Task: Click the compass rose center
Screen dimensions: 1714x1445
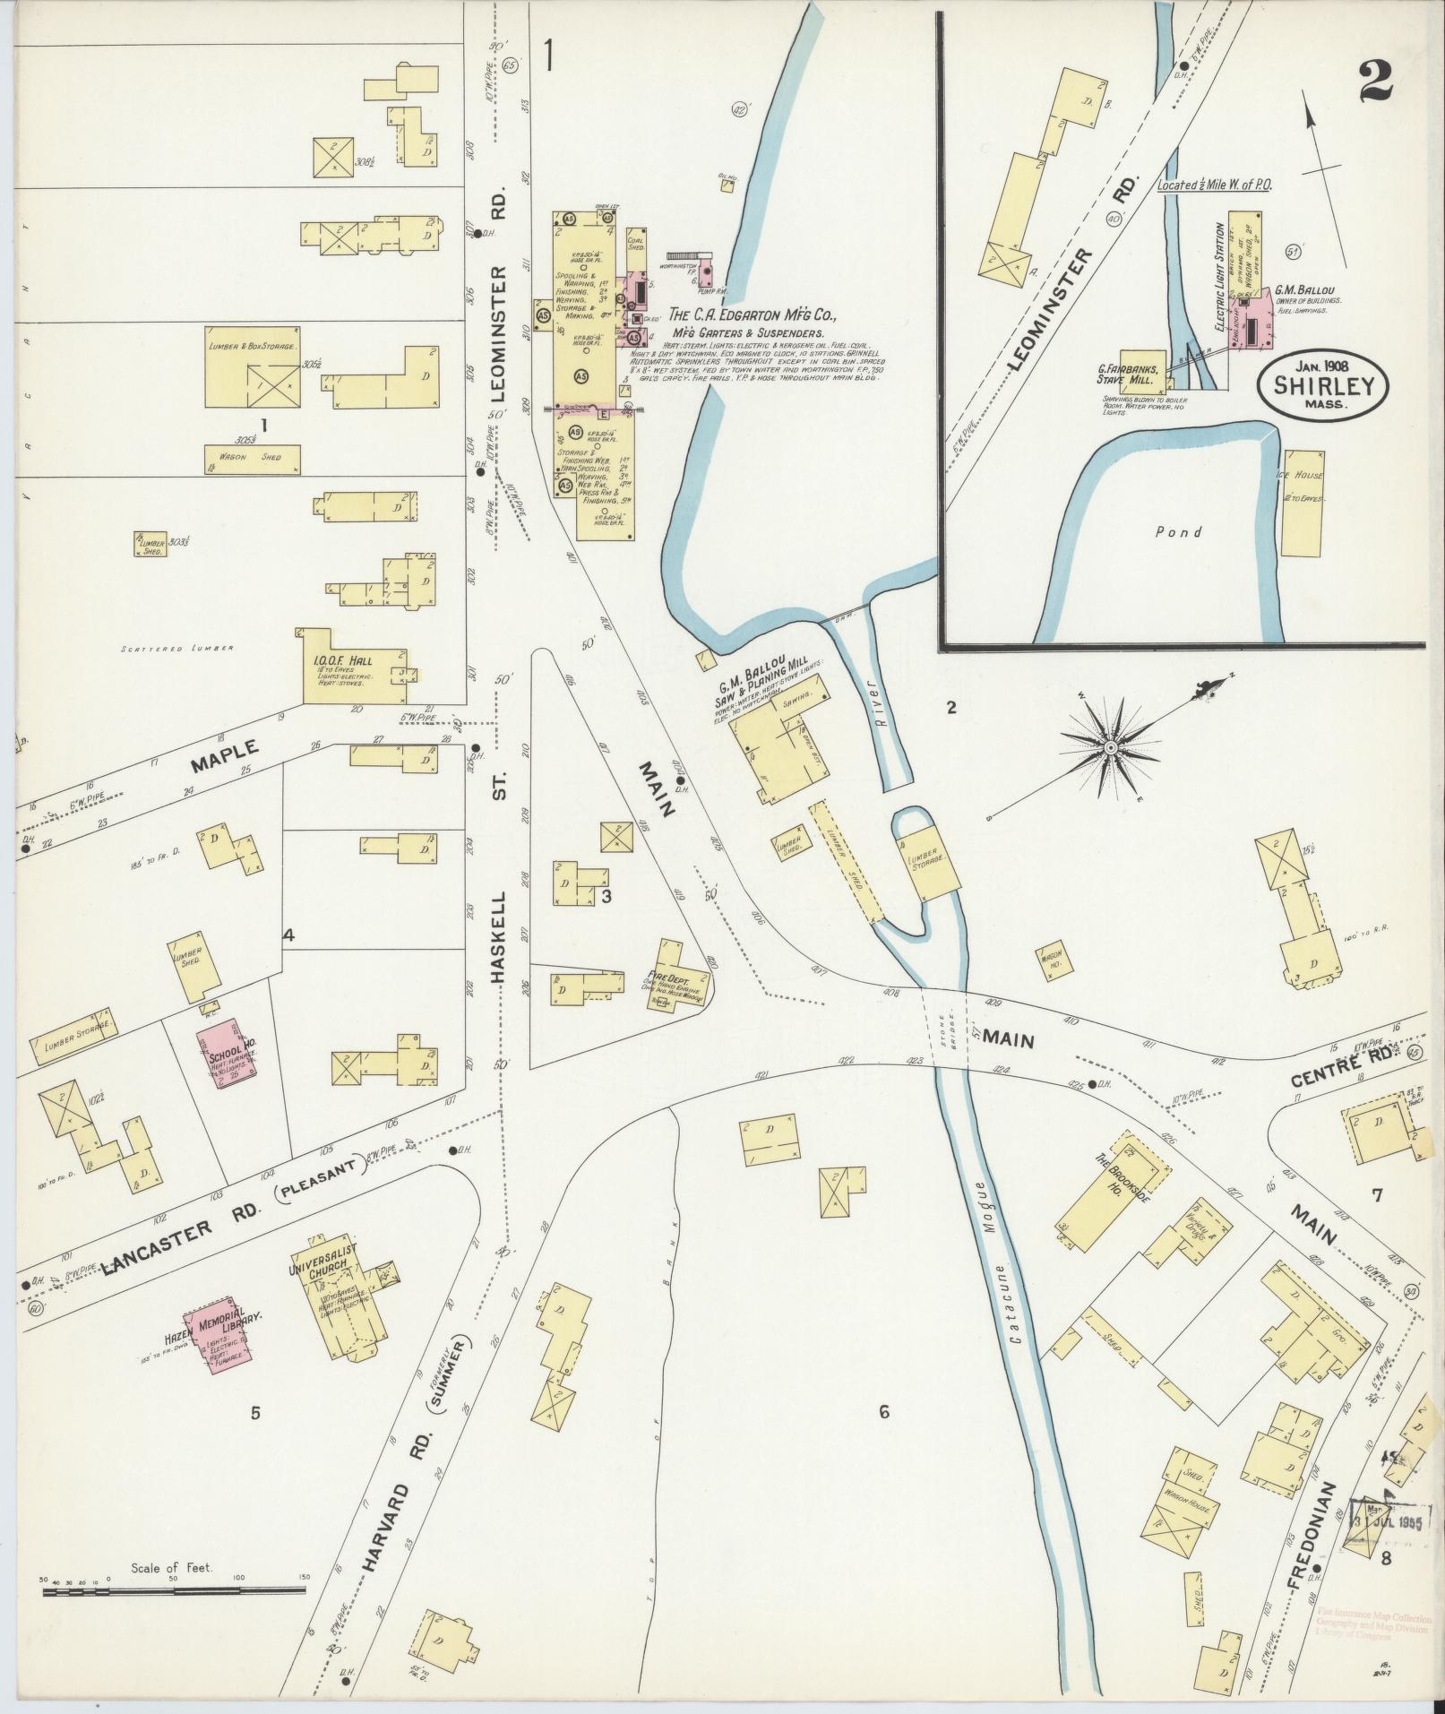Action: [1110, 746]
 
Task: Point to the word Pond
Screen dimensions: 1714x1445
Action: [1178, 532]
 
